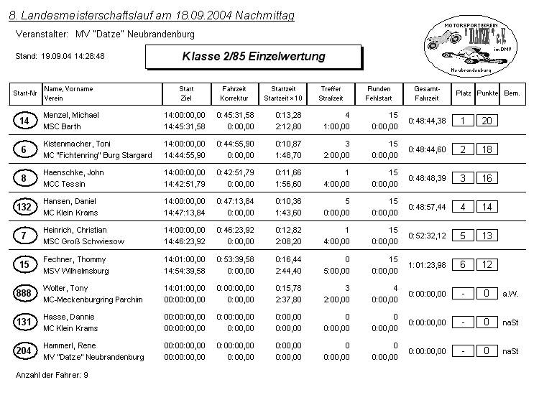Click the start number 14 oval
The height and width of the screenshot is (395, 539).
click(24, 121)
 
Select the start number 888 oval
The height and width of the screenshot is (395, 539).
click(24, 293)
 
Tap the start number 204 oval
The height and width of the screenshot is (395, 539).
click(24, 350)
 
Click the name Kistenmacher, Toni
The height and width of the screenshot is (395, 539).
click(77, 144)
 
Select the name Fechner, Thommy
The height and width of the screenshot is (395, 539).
click(75, 259)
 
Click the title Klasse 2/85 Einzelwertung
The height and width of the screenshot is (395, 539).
click(253, 56)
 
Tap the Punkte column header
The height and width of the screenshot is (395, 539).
click(487, 93)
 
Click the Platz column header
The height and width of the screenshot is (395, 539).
click(464, 93)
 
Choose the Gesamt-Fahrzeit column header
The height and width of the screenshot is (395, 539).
click(427, 93)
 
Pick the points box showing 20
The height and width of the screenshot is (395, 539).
click(487, 121)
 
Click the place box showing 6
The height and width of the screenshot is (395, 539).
click(463, 264)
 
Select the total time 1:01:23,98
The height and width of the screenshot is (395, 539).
click(427, 264)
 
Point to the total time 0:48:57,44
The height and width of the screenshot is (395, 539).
click(427, 207)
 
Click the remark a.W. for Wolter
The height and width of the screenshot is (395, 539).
click(510, 293)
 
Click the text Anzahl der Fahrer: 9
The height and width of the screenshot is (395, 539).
click(52, 375)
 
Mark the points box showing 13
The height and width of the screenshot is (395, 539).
click(487, 236)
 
